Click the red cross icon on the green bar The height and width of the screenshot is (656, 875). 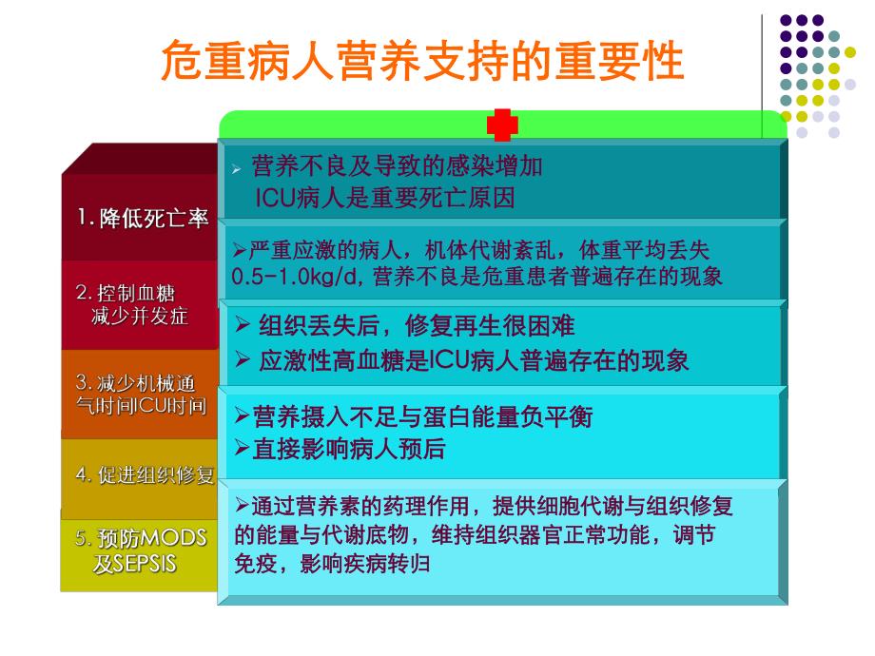502,125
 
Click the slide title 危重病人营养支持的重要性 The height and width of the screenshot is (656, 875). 423,62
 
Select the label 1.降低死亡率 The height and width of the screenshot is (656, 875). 143,219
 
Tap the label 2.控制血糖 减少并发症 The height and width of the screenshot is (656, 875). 139,305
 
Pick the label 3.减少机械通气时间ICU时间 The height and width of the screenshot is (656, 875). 141,395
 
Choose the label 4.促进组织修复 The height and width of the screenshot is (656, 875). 145,475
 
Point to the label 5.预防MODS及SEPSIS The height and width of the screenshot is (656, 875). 141,550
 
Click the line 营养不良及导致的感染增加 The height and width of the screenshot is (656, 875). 397,167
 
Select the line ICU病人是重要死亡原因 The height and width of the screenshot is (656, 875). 384,198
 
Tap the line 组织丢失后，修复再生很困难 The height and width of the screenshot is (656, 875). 417,327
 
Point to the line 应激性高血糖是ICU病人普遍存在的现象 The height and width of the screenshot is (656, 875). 474,360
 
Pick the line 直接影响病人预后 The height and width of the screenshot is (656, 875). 348,448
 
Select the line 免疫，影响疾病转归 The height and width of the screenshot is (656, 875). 332,563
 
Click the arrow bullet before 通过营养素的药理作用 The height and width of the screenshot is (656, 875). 241,505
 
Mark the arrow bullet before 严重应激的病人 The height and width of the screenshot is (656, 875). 240,250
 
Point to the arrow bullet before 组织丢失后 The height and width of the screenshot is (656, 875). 243,327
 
